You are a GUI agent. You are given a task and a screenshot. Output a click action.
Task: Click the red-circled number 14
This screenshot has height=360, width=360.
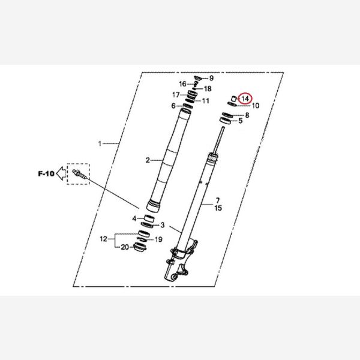[245, 99]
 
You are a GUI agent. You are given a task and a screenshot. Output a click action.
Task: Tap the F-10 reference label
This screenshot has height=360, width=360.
[46, 173]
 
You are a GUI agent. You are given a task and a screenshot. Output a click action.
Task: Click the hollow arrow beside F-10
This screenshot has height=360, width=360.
[61, 173]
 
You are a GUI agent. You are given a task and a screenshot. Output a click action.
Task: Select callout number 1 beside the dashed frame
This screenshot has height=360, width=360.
[100, 144]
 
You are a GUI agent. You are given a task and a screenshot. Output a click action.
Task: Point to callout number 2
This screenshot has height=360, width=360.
[148, 160]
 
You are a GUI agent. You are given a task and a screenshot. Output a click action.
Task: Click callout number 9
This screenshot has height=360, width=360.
[211, 78]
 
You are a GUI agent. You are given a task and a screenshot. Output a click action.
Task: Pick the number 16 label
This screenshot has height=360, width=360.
[183, 84]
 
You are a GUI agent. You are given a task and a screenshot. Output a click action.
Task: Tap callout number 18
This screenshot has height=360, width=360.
[208, 89]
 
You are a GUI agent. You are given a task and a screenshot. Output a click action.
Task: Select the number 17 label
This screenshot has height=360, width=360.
[176, 95]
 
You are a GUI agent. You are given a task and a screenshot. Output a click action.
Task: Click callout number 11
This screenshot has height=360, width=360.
[205, 101]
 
